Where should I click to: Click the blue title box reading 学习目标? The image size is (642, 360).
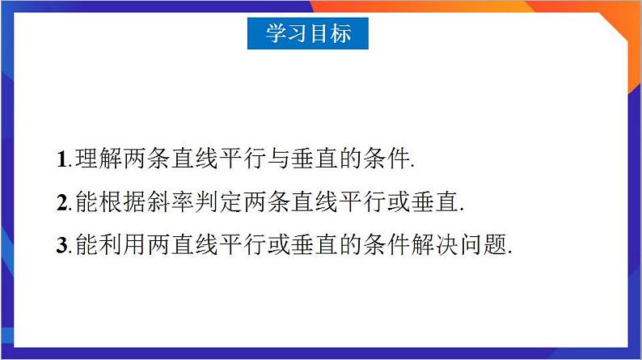[x=308, y=34]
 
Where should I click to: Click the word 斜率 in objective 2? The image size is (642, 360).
[x=171, y=201]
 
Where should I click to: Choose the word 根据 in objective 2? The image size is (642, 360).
[x=123, y=201]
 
